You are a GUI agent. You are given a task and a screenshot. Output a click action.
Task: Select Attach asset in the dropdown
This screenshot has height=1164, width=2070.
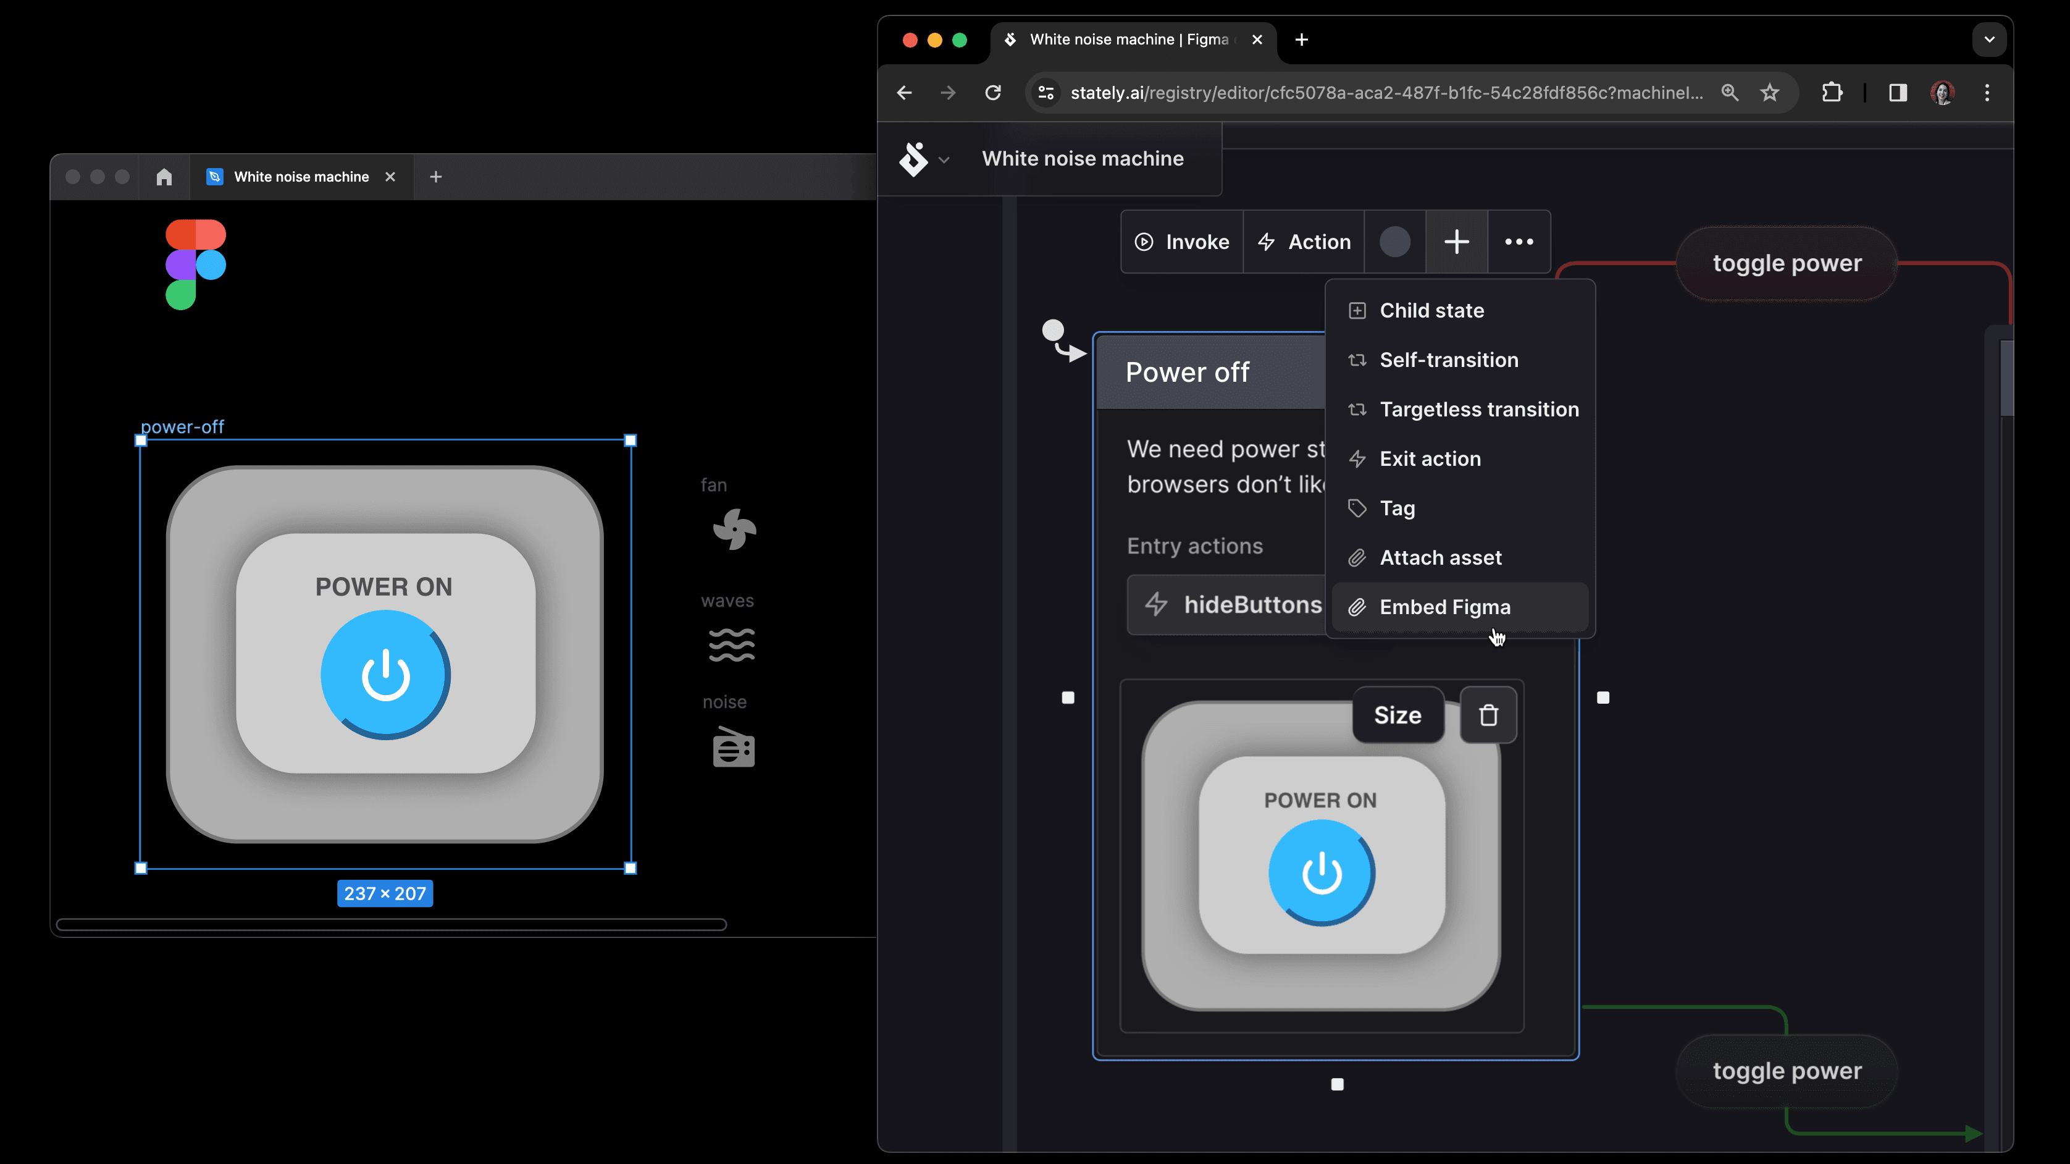1440,558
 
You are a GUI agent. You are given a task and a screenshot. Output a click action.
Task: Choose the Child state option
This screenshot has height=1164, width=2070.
1431,310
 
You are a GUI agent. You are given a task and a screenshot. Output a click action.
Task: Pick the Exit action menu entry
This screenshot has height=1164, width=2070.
1430,459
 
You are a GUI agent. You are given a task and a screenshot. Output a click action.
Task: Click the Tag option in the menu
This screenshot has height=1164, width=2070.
1397,508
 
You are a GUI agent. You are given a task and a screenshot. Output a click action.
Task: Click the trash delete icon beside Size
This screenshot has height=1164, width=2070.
1488,715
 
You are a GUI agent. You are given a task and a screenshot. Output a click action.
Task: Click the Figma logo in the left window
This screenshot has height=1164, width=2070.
195,264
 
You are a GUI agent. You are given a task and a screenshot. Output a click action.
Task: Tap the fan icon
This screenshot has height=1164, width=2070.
734,529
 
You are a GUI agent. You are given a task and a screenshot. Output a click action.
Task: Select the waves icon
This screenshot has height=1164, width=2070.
731,644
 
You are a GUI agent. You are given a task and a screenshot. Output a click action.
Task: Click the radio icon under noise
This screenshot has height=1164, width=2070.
733,747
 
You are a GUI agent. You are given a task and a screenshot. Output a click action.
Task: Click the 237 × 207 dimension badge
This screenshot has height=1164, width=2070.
385,893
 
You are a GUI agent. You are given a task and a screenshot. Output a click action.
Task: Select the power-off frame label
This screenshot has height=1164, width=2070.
182,427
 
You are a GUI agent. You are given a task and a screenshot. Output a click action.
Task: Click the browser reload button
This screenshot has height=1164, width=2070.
993,93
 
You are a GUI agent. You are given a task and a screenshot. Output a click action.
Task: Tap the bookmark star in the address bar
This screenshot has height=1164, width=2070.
1769,93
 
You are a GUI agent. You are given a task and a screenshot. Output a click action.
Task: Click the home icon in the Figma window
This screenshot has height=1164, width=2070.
164,177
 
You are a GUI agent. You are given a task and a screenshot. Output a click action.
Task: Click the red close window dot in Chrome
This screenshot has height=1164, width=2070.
910,40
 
